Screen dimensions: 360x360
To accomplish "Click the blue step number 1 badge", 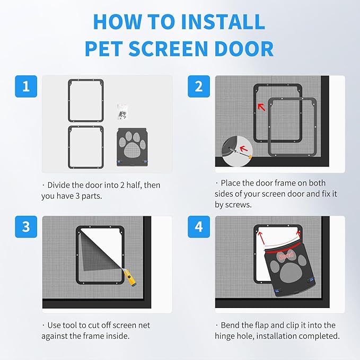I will (x=25, y=86).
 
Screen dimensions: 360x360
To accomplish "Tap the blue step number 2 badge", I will (x=199, y=86).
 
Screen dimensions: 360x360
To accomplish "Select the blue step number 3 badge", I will (x=25, y=227).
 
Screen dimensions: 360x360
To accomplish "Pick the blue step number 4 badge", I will (x=199, y=227).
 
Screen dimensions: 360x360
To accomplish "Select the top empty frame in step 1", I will (x=85, y=100).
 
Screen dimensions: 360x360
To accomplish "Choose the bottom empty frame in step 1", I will (x=85, y=146).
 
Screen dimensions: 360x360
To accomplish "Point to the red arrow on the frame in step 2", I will (x=261, y=107).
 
